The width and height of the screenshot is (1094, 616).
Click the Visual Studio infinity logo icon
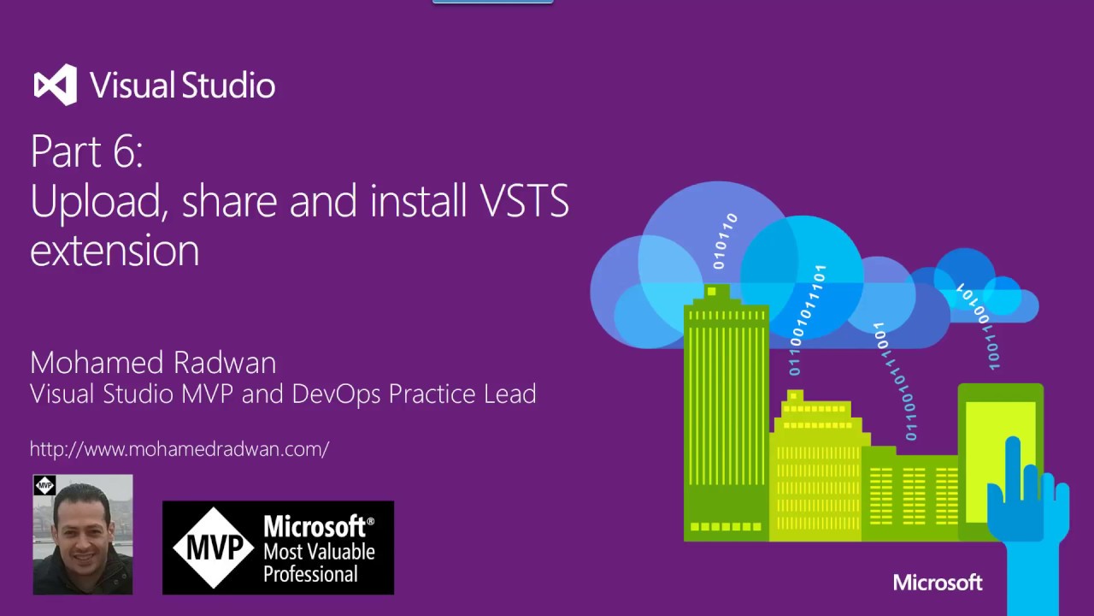click(x=56, y=85)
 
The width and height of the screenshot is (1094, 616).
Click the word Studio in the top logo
click(x=228, y=85)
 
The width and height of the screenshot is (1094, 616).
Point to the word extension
click(x=115, y=251)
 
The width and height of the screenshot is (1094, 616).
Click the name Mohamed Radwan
click(x=153, y=363)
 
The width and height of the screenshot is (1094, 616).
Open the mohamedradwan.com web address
click(x=179, y=448)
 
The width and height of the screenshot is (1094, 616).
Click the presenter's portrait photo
click(x=83, y=535)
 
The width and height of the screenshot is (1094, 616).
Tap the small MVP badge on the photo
click(x=44, y=486)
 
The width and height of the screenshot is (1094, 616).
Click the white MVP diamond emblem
click(x=213, y=548)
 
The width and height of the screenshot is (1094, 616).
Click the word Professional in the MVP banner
click(x=310, y=574)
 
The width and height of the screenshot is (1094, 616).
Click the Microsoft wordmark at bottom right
click(x=938, y=583)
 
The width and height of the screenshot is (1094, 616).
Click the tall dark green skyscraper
click(x=726, y=411)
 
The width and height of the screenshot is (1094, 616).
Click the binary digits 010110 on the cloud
click(x=724, y=241)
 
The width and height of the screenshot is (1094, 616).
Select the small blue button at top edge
click(x=493, y=2)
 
